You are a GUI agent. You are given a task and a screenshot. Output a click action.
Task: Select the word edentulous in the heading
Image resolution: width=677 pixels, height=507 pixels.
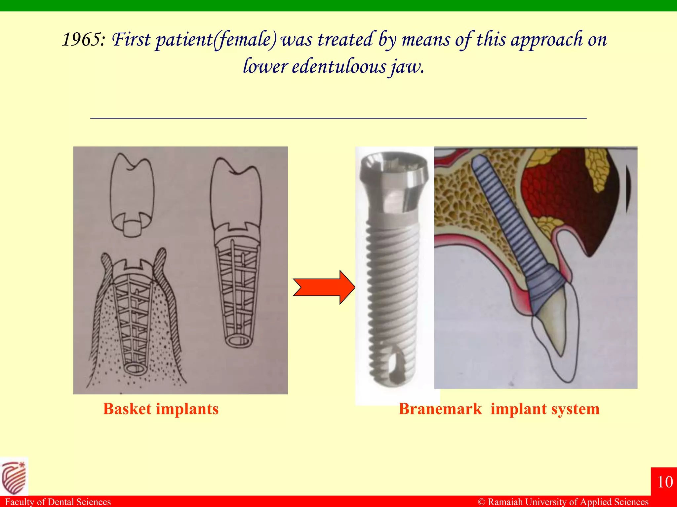click(x=339, y=66)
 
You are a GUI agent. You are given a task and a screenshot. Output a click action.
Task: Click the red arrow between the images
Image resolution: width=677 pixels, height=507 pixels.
click(x=324, y=287)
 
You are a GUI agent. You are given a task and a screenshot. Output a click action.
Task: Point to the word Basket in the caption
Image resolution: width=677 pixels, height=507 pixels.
click(x=127, y=409)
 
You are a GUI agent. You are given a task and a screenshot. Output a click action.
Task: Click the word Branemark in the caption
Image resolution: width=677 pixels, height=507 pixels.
click(x=440, y=409)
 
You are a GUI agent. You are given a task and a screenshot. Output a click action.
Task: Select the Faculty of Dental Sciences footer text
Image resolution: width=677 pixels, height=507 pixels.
click(x=58, y=502)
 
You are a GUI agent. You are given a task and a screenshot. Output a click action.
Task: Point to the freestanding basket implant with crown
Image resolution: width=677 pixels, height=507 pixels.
click(x=236, y=254)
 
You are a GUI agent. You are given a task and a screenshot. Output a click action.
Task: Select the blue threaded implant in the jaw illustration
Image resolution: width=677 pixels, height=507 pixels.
click(x=506, y=215)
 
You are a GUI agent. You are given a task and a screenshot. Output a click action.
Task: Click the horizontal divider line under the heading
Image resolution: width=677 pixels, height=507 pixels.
click(x=338, y=118)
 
